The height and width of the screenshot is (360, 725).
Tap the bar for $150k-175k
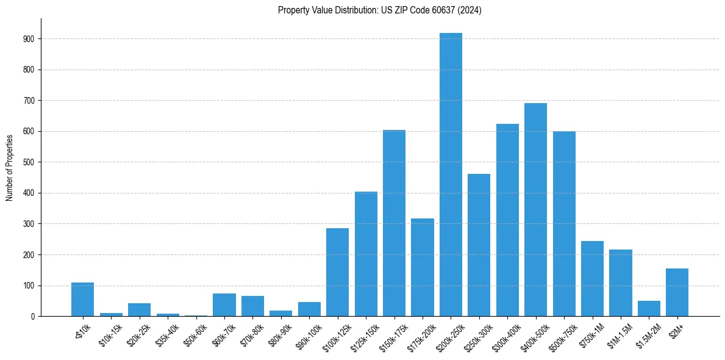[394, 223]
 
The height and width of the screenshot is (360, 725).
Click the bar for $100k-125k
[337, 272]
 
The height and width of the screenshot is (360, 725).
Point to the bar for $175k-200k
[423, 267]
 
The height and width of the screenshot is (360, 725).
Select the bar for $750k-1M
[592, 278]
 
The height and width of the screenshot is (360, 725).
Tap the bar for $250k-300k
[479, 245]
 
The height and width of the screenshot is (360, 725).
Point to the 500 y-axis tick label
[29, 162]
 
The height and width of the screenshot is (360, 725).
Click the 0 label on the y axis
[34, 317]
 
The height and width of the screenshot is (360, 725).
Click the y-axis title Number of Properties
[9, 167]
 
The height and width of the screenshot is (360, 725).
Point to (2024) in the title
[471, 10]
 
